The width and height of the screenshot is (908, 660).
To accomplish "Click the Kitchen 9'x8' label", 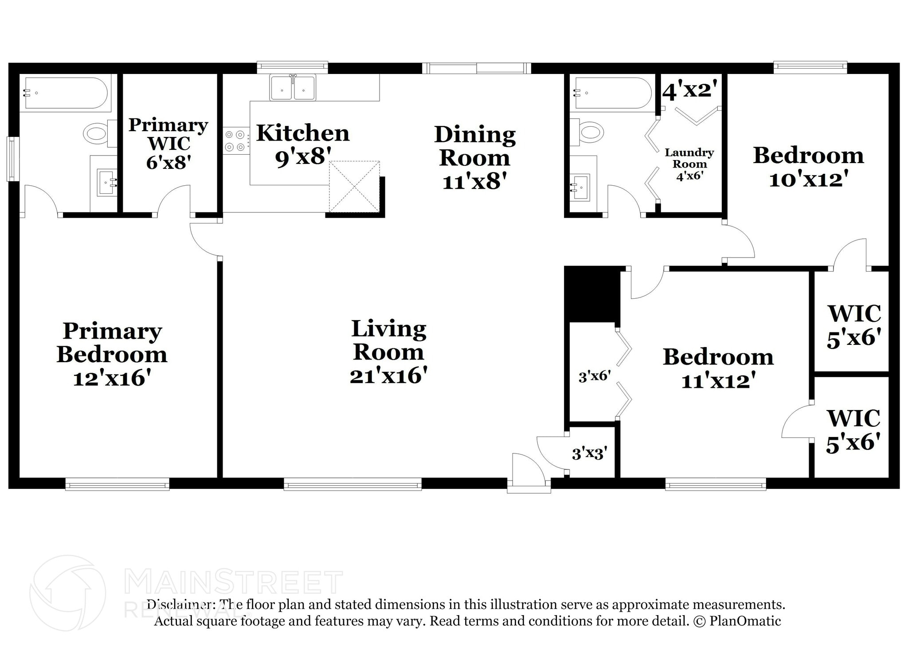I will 303,145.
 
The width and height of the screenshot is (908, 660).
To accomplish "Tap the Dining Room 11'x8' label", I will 475,158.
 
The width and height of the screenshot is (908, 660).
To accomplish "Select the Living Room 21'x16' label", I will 389,352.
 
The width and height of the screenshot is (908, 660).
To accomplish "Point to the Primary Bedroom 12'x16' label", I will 112,355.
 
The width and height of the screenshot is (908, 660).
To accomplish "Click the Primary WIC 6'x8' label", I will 168,144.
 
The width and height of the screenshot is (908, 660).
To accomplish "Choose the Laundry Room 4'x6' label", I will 689,164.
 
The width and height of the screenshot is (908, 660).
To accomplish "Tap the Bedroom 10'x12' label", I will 808,167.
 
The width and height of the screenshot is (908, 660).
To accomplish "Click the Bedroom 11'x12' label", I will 718,369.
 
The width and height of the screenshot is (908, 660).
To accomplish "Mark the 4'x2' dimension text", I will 689,90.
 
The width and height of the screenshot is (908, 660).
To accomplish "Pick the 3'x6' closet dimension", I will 595,376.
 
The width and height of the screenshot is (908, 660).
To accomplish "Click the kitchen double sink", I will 293,88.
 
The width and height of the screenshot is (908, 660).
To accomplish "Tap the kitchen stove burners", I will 235,140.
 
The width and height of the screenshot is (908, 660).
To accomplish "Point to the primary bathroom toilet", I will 97,133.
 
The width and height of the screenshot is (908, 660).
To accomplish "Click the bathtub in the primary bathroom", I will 66,93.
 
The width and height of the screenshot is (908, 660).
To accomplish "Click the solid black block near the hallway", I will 591,294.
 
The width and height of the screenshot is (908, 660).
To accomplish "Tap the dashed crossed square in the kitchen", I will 354,186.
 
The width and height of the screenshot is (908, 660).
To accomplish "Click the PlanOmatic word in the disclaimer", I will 745,621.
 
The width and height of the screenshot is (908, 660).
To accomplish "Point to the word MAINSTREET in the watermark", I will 234,582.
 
